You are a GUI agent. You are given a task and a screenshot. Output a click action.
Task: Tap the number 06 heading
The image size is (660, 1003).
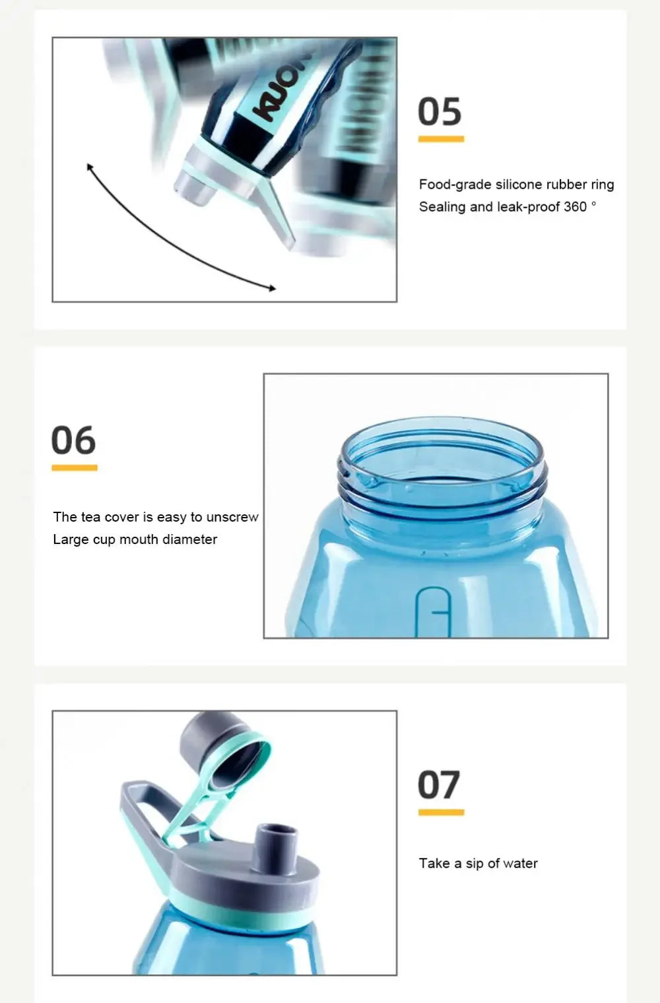click(73, 440)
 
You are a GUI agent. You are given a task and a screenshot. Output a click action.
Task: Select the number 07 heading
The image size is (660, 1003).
click(439, 785)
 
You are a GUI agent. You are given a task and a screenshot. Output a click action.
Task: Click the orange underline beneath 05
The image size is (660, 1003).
click(441, 139)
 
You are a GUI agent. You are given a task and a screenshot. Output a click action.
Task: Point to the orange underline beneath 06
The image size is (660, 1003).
click(75, 468)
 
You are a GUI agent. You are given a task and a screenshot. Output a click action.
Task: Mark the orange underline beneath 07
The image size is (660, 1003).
click(441, 812)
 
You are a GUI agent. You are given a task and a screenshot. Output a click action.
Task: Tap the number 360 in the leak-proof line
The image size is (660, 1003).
click(575, 207)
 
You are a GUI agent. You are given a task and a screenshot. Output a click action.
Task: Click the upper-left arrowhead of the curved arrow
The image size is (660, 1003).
click(89, 167)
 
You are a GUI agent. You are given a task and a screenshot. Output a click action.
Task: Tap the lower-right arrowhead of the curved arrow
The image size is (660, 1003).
click(272, 288)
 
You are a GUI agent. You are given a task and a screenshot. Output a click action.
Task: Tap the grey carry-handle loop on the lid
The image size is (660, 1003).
click(148, 810)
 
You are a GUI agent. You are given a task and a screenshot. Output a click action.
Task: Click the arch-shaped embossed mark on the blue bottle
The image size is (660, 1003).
click(433, 611)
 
